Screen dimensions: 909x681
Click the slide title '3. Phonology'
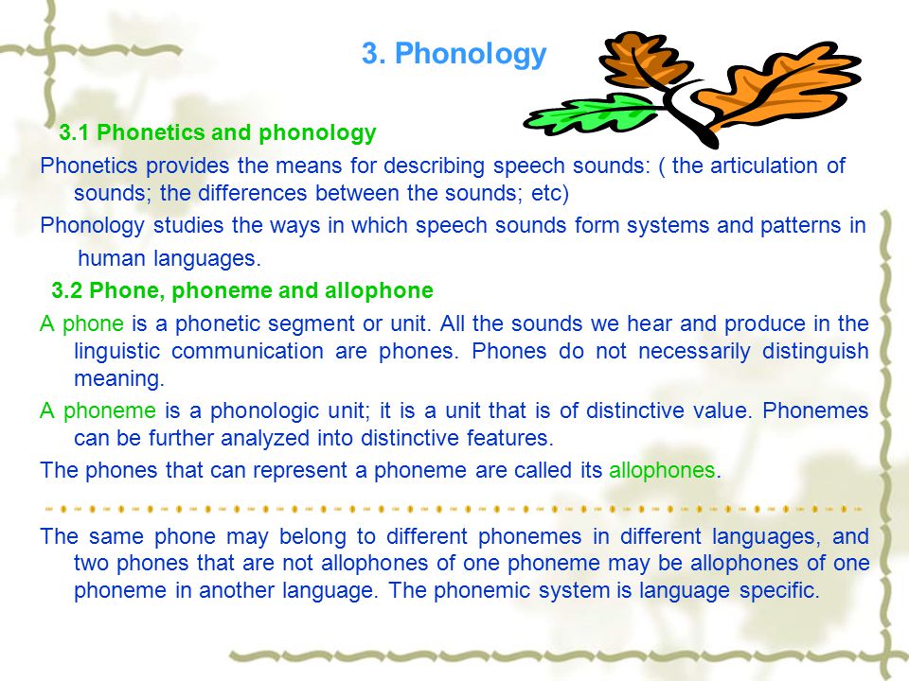click(x=454, y=55)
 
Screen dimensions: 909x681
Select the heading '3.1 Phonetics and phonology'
click(x=218, y=132)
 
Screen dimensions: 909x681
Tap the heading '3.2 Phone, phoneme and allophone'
click(x=242, y=290)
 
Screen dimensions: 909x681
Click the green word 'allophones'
click(x=662, y=470)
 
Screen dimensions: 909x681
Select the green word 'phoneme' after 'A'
click(x=110, y=411)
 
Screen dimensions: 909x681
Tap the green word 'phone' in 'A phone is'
click(x=94, y=323)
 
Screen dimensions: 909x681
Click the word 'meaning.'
click(x=119, y=378)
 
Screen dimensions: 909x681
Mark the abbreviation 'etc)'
click(x=550, y=193)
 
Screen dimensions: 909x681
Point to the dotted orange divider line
click(x=454, y=510)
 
